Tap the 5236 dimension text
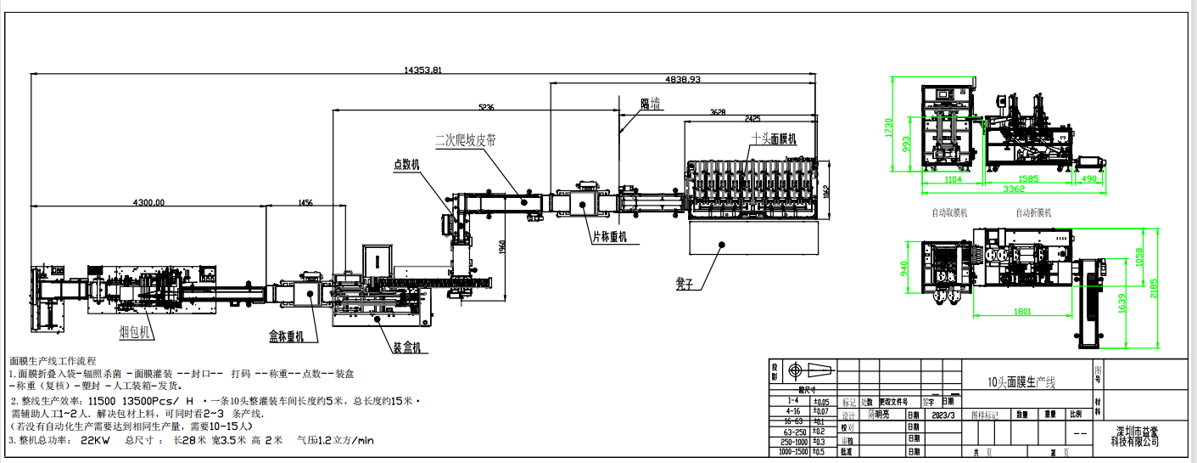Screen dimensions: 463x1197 485,107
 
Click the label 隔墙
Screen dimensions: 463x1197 651,104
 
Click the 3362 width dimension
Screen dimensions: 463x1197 1004,189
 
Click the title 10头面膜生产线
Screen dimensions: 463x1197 1027,383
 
